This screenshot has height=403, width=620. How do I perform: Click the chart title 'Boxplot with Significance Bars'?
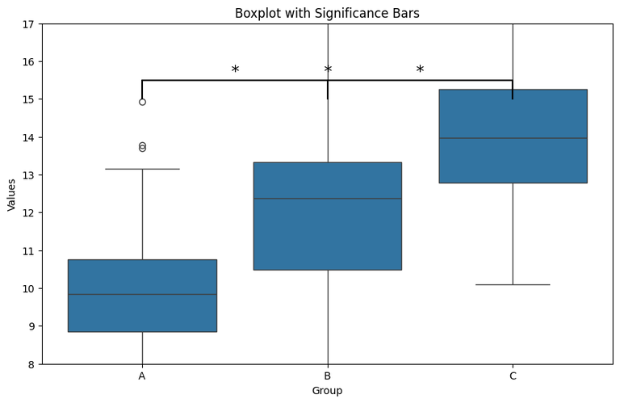[x=327, y=13]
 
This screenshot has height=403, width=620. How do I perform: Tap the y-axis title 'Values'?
[x=11, y=194]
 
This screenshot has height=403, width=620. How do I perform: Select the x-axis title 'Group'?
[x=327, y=391]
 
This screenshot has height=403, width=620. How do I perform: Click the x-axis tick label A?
[x=142, y=376]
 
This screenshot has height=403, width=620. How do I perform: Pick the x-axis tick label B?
[x=327, y=376]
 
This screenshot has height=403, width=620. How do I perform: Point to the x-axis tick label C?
[x=513, y=376]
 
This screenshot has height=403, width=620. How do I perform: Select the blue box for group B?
[x=327, y=234]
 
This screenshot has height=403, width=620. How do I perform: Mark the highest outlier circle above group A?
[x=142, y=102]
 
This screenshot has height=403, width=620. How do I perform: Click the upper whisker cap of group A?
[x=142, y=169]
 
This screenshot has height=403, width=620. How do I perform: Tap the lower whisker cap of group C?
[x=513, y=284]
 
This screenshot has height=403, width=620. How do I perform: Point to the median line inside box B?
[x=327, y=199]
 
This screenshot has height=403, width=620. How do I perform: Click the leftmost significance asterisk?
[x=235, y=71]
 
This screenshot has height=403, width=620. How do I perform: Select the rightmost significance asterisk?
[x=420, y=71]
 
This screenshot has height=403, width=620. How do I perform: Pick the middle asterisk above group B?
[x=328, y=71]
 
